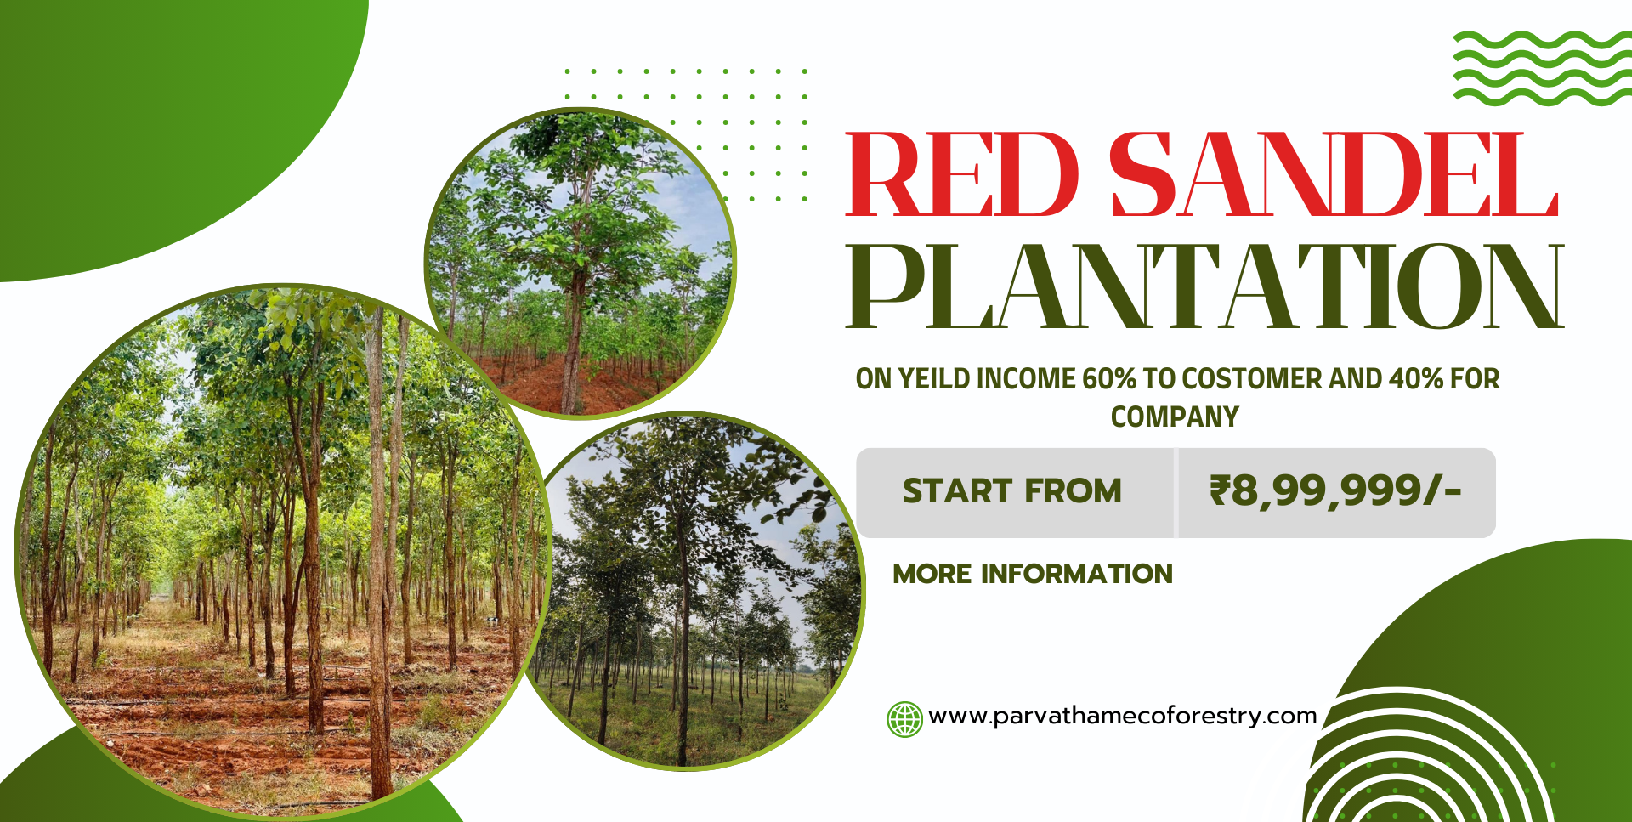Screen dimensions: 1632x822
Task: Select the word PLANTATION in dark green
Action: pos(1205,286)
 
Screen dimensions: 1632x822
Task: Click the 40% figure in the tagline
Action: pos(1415,378)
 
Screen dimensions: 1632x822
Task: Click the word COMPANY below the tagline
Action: pos(1175,417)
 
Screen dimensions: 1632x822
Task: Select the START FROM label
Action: pos(1011,491)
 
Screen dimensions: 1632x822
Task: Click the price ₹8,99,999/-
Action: pos(1335,491)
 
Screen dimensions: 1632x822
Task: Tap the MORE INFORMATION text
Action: pos(1033,574)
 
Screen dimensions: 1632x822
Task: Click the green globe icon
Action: pos(904,719)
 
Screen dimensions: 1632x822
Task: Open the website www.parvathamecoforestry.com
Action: pos(1123,716)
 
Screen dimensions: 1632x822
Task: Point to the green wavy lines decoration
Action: pos(1542,68)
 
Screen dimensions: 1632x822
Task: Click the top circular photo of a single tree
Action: pos(581,263)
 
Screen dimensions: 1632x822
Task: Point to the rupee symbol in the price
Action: pos(1220,490)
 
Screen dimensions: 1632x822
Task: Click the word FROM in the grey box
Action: pos(1073,491)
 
